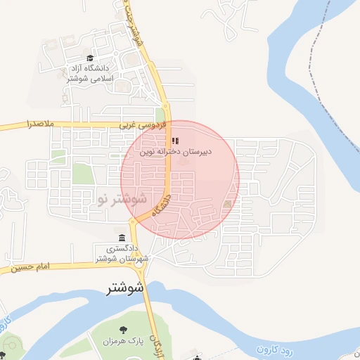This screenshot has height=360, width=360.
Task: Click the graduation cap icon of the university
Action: (89, 59)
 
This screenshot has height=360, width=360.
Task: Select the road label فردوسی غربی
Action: (143, 124)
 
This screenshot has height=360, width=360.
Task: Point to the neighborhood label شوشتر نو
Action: (122, 199)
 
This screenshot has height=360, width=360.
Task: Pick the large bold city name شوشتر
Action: (126, 288)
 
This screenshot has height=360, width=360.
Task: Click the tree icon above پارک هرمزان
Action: (124, 329)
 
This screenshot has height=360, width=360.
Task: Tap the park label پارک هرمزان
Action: (124, 341)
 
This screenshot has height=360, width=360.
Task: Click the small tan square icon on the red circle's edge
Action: (226, 204)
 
